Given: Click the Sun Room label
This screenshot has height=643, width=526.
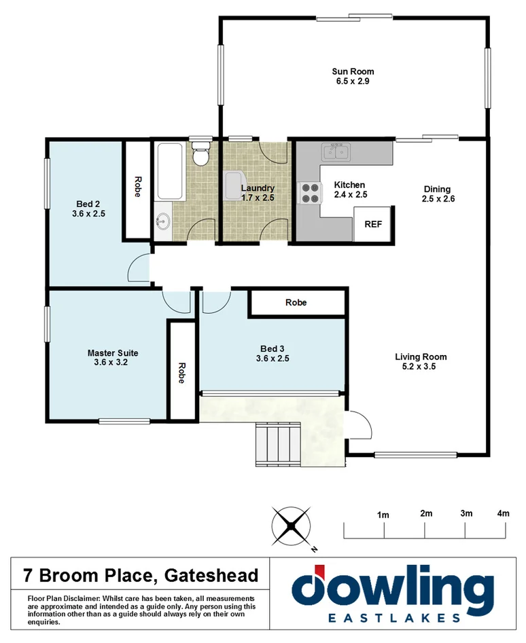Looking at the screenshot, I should point(353,71).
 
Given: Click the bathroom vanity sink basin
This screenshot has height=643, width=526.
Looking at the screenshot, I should point(163,221).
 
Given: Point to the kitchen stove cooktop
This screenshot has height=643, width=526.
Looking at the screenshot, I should point(310,193).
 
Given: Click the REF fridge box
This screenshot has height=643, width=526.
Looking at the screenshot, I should point(372,223).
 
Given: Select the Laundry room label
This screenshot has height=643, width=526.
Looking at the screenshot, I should point(258,188).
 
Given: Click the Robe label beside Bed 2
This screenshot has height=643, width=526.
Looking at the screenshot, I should point(137,187).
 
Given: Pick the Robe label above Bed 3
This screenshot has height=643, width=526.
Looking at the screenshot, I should point(296,302).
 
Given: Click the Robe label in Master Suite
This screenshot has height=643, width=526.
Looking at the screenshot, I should point(181,373).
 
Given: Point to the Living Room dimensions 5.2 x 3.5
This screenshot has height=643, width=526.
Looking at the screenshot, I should point(421,367).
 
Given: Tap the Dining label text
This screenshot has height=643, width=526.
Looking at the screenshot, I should point(436,189).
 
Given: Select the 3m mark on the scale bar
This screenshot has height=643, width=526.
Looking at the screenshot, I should point(466,513).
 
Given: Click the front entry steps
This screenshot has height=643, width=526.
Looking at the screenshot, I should point(277,443).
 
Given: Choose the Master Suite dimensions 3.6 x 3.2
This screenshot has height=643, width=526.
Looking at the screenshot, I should point(113,363).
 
